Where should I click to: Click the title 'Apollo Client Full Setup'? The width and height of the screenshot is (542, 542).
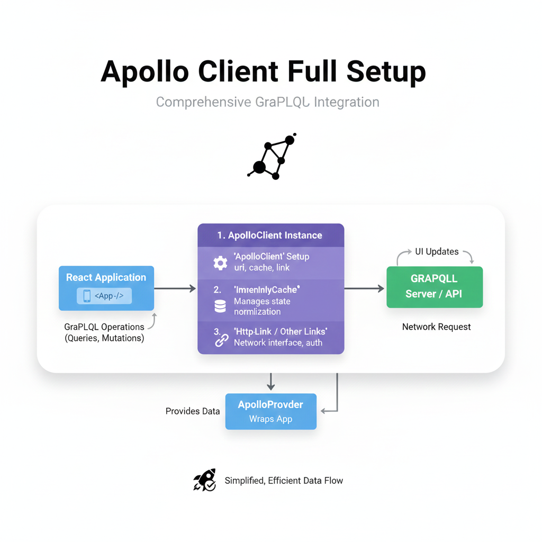pos(263,71)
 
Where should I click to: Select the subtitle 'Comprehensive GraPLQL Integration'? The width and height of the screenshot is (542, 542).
pos(267,102)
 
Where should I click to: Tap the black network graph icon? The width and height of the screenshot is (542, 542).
pos(272,157)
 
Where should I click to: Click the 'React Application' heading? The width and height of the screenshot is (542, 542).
pos(106,277)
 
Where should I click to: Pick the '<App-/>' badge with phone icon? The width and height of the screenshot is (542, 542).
pos(104,296)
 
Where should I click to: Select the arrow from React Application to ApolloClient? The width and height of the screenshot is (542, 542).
pos(175,288)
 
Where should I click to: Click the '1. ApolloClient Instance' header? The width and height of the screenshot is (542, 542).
pos(270,235)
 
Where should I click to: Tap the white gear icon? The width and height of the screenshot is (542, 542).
pos(220,263)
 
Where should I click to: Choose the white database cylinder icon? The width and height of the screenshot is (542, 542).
pos(220,306)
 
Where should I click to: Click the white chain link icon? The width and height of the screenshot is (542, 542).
pos(221,340)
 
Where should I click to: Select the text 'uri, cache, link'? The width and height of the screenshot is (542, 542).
pos(262,268)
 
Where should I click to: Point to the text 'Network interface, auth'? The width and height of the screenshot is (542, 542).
pos(278,342)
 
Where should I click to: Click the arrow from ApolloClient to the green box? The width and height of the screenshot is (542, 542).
pos(364,288)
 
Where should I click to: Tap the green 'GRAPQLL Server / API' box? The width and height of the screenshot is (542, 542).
pos(434,286)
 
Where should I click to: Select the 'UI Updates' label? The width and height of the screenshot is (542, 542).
pos(437,251)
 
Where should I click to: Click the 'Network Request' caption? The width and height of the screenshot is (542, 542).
pos(436,327)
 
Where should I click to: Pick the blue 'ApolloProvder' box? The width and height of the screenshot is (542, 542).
pos(270,411)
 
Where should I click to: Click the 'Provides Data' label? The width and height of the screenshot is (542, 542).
pos(193,411)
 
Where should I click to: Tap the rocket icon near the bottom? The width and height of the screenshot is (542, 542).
pos(205,480)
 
